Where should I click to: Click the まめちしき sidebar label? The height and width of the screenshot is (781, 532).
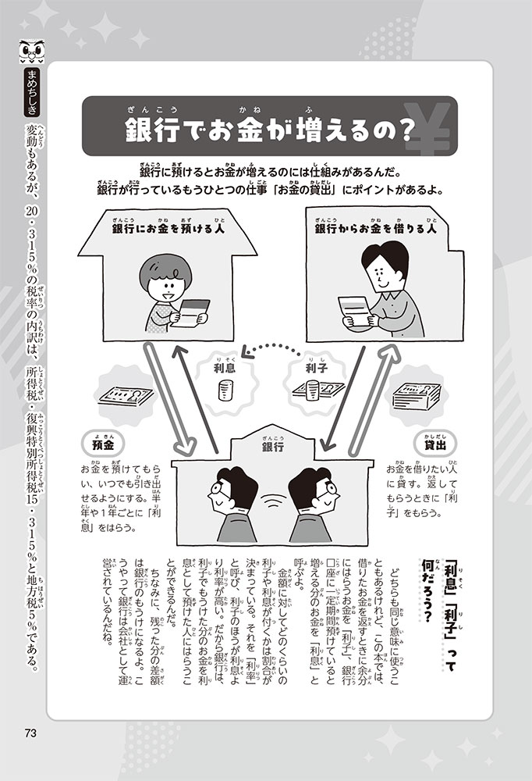[x=32, y=91]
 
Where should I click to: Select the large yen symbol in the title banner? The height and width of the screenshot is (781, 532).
[x=427, y=127]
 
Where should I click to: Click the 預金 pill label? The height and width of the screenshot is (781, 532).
[x=102, y=444]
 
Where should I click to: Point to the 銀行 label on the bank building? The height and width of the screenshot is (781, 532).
[x=272, y=446]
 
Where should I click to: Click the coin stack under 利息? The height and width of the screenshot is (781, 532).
[x=225, y=390]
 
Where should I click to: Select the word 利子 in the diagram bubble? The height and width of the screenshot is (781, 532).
[x=315, y=369]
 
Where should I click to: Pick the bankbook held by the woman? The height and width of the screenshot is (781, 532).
[x=194, y=312]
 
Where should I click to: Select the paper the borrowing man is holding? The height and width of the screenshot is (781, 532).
[x=354, y=312]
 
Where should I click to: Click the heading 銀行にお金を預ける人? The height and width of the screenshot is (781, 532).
[x=168, y=229]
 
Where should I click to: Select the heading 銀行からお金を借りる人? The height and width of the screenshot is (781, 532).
[x=375, y=229]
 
